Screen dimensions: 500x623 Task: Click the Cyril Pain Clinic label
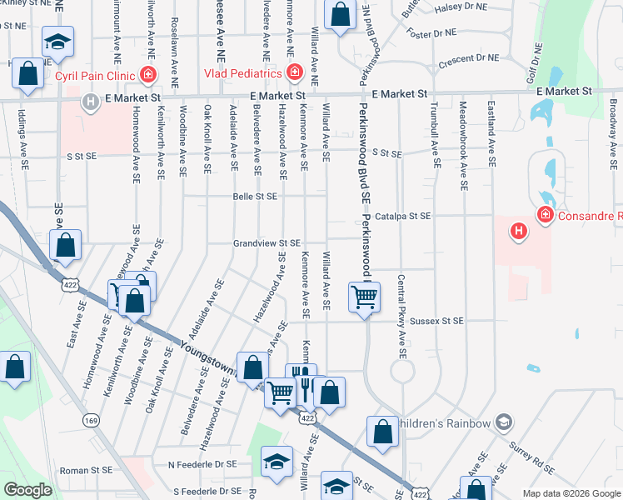[x=93, y=75]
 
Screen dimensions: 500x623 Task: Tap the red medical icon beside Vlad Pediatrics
[x=293, y=73]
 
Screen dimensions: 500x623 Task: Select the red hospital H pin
[x=519, y=230]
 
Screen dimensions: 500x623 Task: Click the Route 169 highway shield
[x=91, y=420]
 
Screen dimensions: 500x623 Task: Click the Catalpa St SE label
[x=402, y=216]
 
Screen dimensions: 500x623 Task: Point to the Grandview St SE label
[x=266, y=243]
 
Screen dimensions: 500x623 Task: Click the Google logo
[x=27, y=489]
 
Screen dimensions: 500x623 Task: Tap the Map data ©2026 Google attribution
[x=571, y=493]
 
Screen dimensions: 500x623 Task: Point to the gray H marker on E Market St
[x=90, y=102]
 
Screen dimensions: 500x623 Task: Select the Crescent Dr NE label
[x=468, y=59]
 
